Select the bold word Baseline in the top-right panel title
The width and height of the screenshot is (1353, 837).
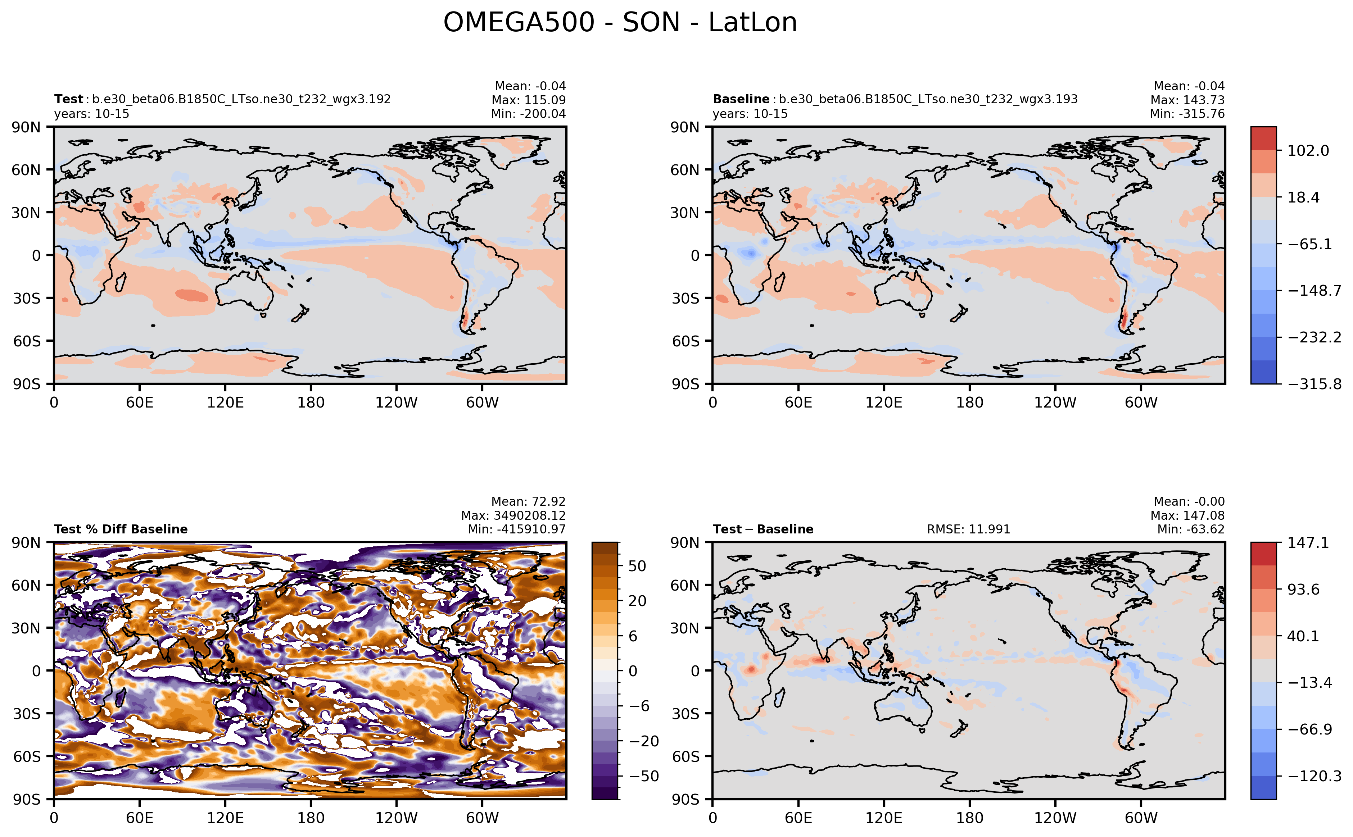pyautogui.click(x=741, y=99)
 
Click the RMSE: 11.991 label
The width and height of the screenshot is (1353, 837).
pyautogui.click(x=968, y=529)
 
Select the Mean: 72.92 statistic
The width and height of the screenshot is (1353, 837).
pyautogui.click(x=528, y=501)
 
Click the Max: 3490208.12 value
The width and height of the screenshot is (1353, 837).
pyautogui.click(x=513, y=515)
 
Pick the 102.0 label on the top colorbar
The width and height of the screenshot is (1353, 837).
pyautogui.click(x=1308, y=151)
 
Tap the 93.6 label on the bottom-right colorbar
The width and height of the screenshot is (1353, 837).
pyautogui.click(x=1303, y=589)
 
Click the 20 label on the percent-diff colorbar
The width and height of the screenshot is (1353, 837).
pyautogui.click(x=637, y=601)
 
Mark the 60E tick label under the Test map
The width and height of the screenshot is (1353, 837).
pyautogui.click(x=140, y=402)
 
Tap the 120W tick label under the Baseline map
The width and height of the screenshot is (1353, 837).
pyautogui.click(x=1055, y=402)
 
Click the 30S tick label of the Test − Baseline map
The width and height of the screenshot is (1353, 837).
pyautogui.click(x=685, y=714)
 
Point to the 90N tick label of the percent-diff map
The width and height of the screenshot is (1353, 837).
pyautogui.click(x=27, y=542)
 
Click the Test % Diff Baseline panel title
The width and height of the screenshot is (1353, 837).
pyautogui.click(x=121, y=529)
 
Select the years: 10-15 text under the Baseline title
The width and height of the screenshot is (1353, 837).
pyautogui.click(x=750, y=114)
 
